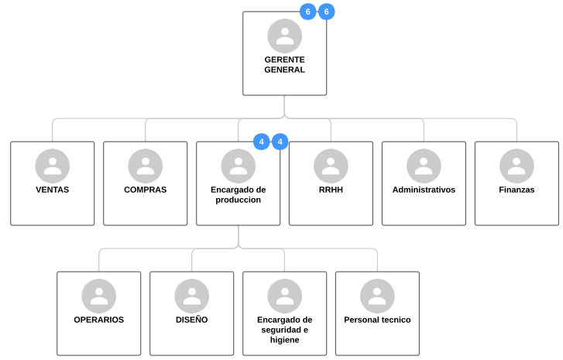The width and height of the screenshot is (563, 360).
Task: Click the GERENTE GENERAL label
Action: pyautogui.click(x=284, y=64)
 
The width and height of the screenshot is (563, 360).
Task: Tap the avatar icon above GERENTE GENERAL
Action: pyautogui.click(x=285, y=36)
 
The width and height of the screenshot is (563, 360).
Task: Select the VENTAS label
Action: pyautogui.click(x=53, y=190)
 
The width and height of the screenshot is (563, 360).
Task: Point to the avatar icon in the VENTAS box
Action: pyautogui.click(x=53, y=166)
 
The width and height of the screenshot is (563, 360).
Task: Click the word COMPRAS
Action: pyautogui.click(x=146, y=190)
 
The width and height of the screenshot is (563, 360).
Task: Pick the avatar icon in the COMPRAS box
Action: pyautogui.click(x=146, y=166)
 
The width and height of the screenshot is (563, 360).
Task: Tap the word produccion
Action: pyautogui.click(x=238, y=200)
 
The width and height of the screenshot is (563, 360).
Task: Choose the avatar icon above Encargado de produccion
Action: pyautogui.click(x=238, y=166)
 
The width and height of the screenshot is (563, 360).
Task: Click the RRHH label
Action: pyautogui.click(x=331, y=190)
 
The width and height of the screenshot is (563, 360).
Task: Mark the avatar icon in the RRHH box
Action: pyautogui.click(x=331, y=166)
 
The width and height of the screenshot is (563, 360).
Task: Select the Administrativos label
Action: pyautogui.click(x=424, y=190)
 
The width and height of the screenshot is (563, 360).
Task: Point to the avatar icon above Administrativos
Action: pyautogui.click(x=424, y=166)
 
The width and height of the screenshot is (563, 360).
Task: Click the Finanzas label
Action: pyautogui.click(x=517, y=190)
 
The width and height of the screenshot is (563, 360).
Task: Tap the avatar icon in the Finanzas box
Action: pyautogui.click(x=517, y=166)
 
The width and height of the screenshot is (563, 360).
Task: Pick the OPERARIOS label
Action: pyautogui.click(x=99, y=320)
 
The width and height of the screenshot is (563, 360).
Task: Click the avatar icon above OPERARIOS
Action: pyautogui.click(x=99, y=296)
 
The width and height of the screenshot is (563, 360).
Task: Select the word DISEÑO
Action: pyautogui.click(x=192, y=320)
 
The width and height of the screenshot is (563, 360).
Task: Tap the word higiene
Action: pyautogui.click(x=285, y=340)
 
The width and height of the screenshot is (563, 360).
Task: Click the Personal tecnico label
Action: pyautogui.click(x=377, y=320)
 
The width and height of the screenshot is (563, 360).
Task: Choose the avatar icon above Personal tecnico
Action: pyautogui.click(x=377, y=296)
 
